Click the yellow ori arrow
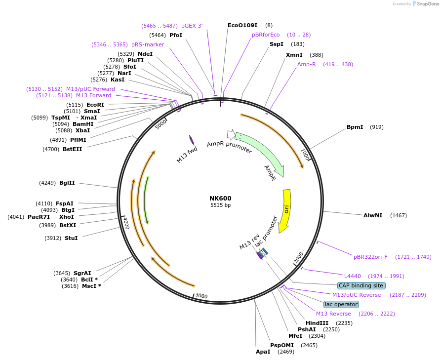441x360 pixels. pos(285,210)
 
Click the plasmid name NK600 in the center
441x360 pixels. pos(220,198)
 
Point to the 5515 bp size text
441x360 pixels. pos(220,205)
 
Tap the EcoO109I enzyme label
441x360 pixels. pos(242,25)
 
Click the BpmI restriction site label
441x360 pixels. pos(355,127)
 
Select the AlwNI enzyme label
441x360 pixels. pos(373,215)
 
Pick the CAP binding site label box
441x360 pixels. pos(361,285)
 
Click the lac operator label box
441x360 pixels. pos(341,304)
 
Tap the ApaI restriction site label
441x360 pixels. pos(263,352)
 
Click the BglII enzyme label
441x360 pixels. pos(67,183)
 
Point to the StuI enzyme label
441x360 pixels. pos(71,238)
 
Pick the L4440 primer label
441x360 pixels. pos(353,276)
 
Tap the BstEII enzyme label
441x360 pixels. pos(72,149)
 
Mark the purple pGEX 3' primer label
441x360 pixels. pos(192,25)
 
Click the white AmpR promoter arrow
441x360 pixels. pos(230,133)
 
